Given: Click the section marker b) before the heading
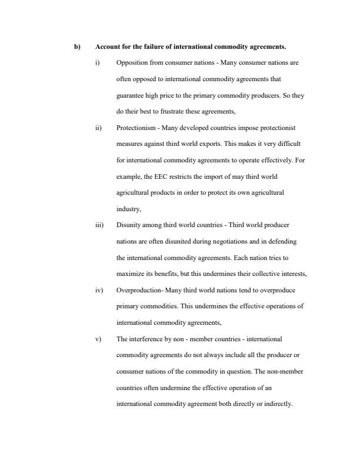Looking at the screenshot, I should (76, 46).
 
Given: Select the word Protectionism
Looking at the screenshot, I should (136, 127).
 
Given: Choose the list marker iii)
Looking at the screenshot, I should (98, 225).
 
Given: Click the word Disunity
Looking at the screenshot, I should (129, 225).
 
